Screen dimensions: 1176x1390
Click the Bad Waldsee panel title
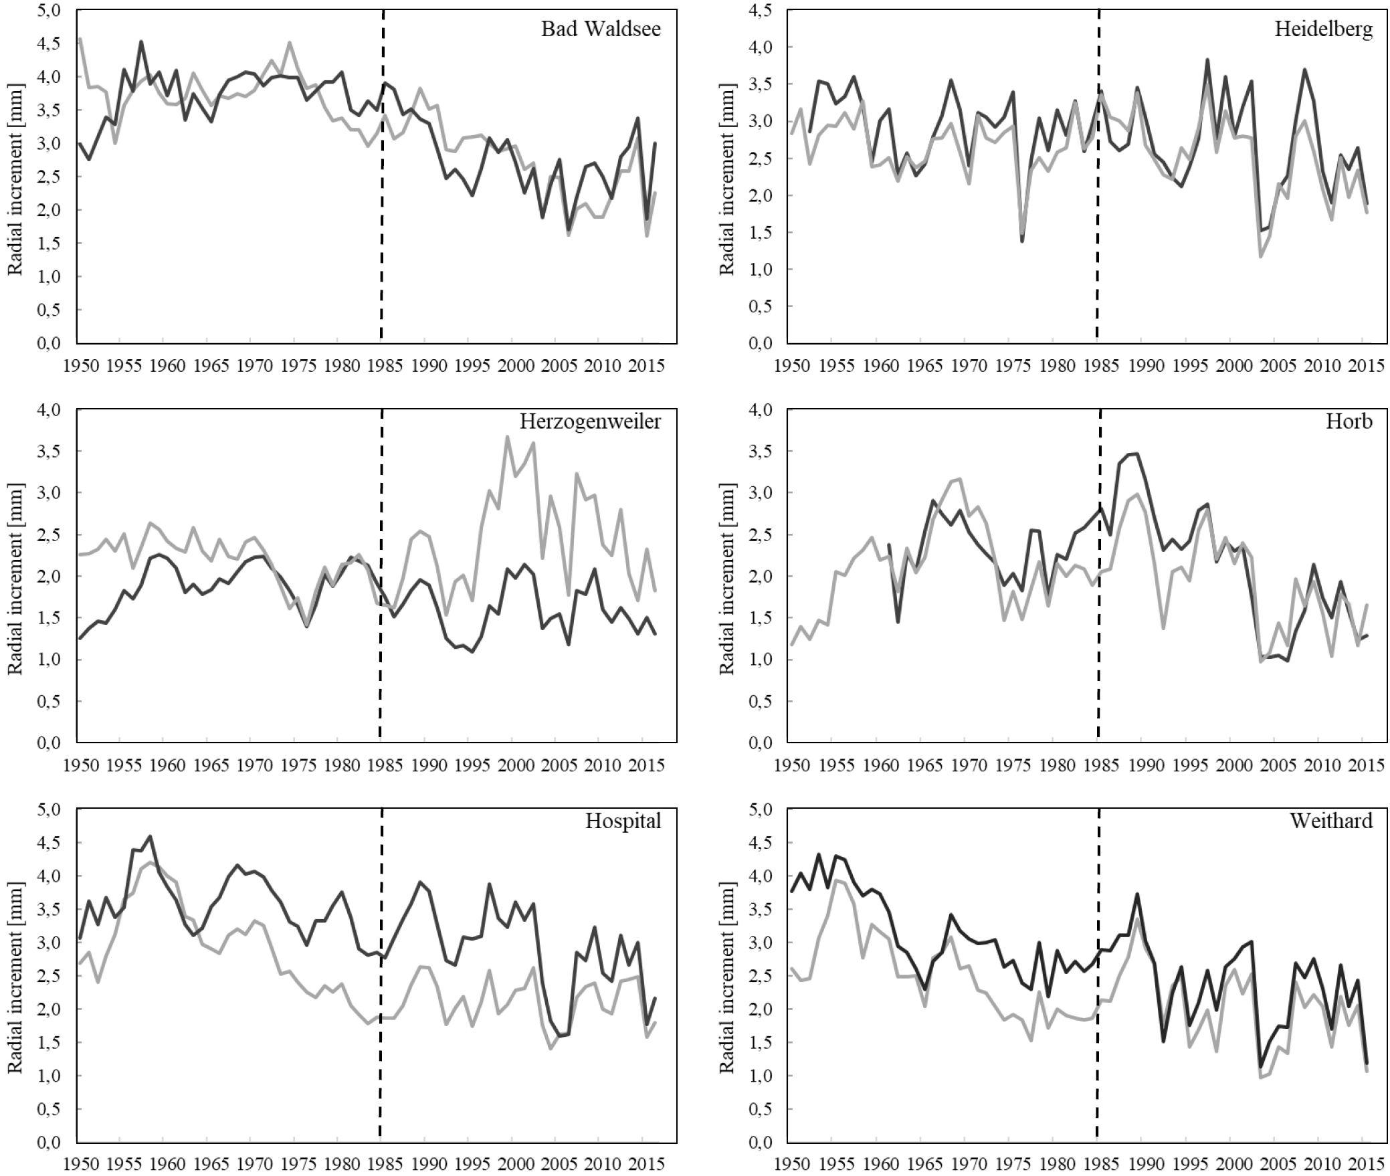click(x=601, y=30)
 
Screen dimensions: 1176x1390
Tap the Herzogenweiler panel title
click(x=590, y=422)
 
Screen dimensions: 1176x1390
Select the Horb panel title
click(x=1349, y=421)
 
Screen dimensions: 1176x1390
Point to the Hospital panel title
click(x=623, y=821)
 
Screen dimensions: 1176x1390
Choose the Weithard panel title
click(x=1330, y=821)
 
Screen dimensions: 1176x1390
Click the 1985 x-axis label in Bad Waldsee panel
click(x=381, y=366)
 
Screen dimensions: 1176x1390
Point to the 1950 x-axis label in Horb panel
click(x=791, y=765)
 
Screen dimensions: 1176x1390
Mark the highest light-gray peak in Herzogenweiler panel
click(x=508, y=437)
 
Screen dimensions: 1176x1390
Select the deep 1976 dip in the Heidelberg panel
click(x=1022, y=241)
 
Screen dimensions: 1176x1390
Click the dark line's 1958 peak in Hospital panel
click(x=150, y=836)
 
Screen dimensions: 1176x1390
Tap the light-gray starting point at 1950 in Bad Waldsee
click(x=80, y=39)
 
